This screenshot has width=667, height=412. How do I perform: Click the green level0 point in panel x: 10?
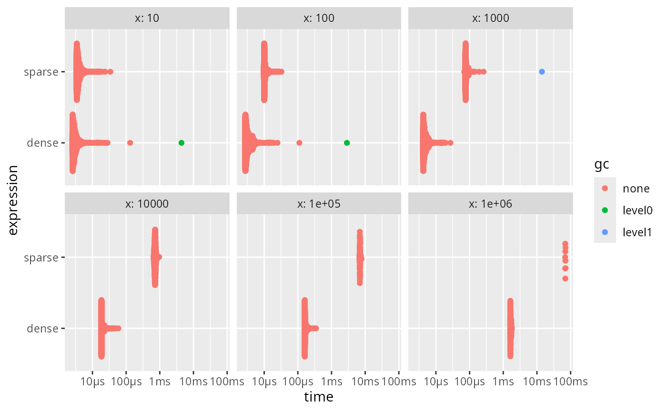pyautogui.click(x=181, y=143)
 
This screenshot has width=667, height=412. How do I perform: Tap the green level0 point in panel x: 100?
pyautogui.click(x=347, y=143)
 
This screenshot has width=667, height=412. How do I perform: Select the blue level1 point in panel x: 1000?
pyautogui.click(x=542, y=72)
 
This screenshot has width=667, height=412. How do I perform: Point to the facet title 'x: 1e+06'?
pyautogui.click(x=490, y=204)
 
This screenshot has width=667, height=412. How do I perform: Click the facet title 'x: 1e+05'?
pyautogui.click(x=319, y=204)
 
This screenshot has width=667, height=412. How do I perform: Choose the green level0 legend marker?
pyautogui.click(x=605, y=210)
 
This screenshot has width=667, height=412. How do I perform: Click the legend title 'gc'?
pyautogui.click(x=601, y=165)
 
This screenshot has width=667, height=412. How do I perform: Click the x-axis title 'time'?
pyautogui.click(x=319, y=397)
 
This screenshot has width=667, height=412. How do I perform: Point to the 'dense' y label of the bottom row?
pyautogui.click(x=43, y=328)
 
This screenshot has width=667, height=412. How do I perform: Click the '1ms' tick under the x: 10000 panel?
pyautogui.click(x=160, y=382)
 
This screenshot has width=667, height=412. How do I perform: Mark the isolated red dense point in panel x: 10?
pyautogui.click(x=130, y=143)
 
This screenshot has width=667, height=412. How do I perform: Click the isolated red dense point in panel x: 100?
pyautogui.click(x=299, y=143)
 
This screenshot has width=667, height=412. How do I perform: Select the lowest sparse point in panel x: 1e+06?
pyautogui.click(x=565, y=279)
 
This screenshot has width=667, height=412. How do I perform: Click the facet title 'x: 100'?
pyautogui.click(x=319, y=19)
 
